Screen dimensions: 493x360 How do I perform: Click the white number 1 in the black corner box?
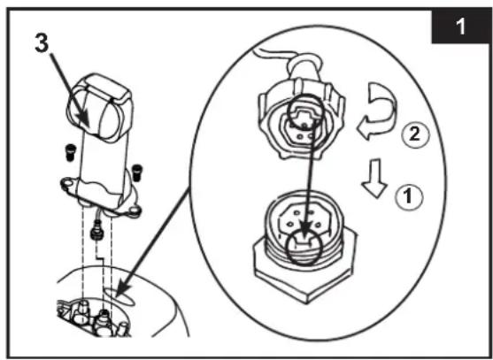point(461,27)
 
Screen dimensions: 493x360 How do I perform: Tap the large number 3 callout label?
point(42,42)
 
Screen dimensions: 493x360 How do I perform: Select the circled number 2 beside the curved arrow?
point(415,134)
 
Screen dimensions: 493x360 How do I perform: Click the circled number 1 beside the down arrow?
point(409,197)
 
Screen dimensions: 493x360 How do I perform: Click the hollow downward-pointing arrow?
point(374,178)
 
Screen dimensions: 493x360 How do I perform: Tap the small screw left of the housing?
point(71,152)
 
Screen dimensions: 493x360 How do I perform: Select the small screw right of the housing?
point(136,172)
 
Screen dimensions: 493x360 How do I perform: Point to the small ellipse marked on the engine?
point(119,297)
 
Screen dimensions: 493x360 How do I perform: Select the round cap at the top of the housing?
point(99,108)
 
